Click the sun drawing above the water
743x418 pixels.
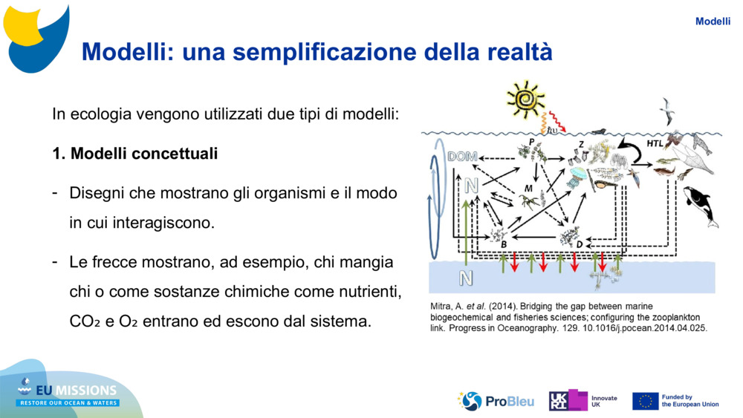tap(525, 99)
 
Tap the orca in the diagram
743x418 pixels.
tap(701, 206)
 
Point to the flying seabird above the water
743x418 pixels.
tap(666, 111)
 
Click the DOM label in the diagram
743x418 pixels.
tap(462, 157)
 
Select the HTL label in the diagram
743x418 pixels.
tap(655, 143)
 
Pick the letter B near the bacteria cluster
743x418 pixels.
tap(504, 244)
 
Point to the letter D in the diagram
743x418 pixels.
tap(579, 244)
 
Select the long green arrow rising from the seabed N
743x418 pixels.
tap(467, 232)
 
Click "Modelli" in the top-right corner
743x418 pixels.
tap(713, 22)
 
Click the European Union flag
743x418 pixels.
tap(646, 402)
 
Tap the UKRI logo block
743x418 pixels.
tap(568, 400)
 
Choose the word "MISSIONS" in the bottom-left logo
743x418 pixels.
tap(85, 391)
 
